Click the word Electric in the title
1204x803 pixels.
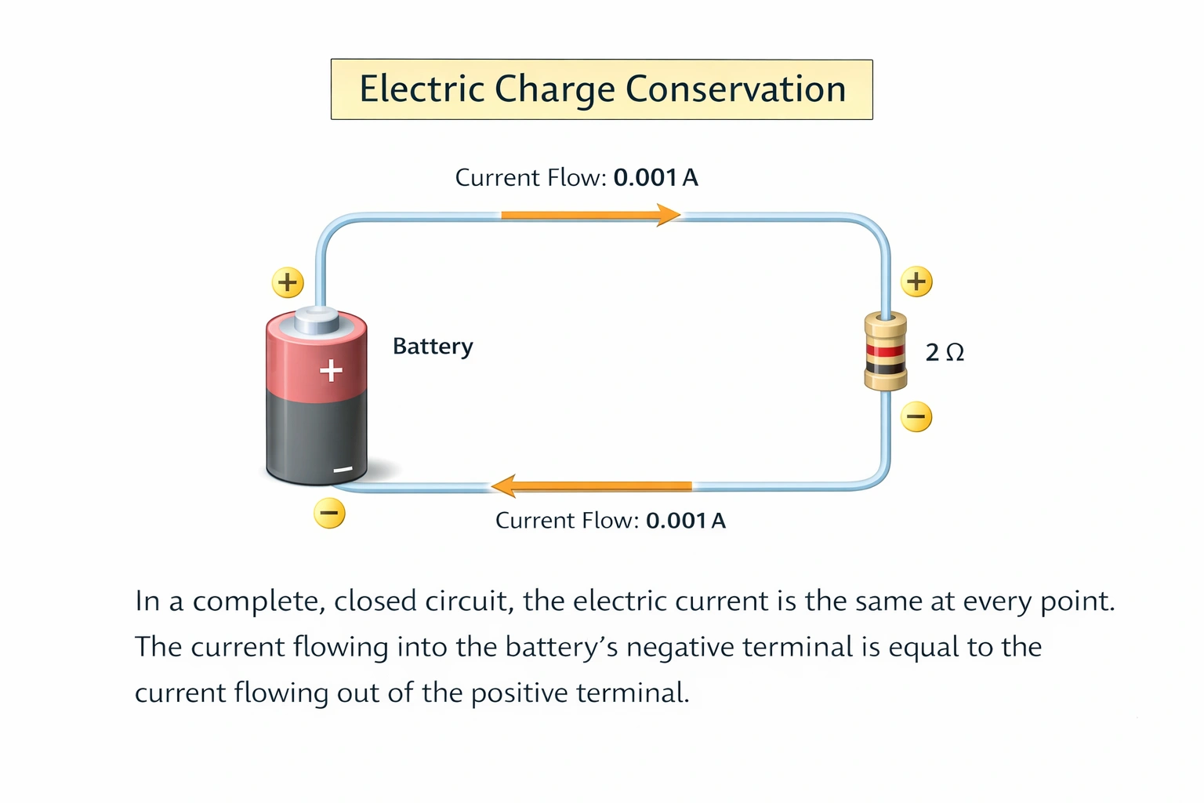422,89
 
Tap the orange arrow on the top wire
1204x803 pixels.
589,214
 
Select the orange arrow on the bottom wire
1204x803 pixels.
591,486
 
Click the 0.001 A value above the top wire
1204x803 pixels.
655,178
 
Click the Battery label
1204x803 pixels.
433,347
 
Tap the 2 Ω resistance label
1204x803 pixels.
944,352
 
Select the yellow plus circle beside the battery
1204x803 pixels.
288,282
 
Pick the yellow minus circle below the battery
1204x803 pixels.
329,514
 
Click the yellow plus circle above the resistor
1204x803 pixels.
916,281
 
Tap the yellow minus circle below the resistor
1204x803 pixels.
916,416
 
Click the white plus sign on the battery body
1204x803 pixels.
331,370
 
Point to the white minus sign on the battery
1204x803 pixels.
343,470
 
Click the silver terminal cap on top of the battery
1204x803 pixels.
317,320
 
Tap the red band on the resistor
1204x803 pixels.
885,350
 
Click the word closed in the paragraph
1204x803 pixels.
375,601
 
